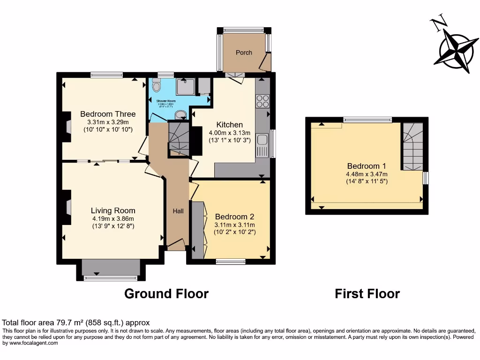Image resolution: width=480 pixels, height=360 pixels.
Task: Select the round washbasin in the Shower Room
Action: click(180, 115)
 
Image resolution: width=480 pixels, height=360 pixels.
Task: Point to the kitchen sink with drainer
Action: click(262, 145)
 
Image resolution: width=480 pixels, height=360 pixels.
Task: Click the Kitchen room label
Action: click(229, 125)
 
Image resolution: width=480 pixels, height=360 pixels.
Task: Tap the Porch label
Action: click(244, 52)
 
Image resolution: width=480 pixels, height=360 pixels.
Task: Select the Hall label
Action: click(178, 211)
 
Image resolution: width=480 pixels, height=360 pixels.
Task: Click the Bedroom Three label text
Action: click(108, 114)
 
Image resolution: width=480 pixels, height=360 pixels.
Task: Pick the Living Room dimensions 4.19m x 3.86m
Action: click(113, 218)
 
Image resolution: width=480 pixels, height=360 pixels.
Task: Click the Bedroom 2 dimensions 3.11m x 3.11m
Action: click(234, 225)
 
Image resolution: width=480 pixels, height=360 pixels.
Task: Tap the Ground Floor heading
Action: click(166, 294)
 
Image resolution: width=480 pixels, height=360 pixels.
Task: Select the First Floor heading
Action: click(367, 294)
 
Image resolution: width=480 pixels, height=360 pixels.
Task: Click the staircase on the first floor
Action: click(413, 147)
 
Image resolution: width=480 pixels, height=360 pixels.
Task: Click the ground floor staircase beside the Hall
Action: click(178, 138)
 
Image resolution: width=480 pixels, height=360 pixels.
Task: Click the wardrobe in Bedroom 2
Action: click(198, 230)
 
